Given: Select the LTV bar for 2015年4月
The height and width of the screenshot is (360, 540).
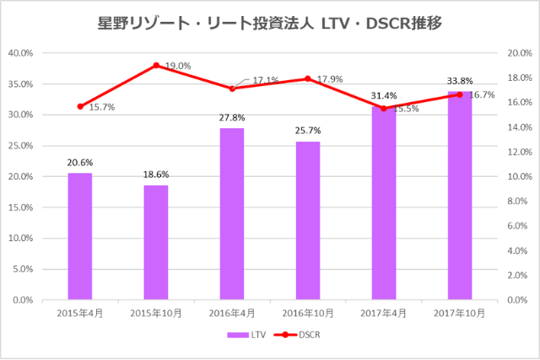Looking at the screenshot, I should click(x=80, y=236).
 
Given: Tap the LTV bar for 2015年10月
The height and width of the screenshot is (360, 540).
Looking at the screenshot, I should click(x=156, y=242).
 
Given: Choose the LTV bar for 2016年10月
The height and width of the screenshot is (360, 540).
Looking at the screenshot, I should click(x=308, y=220).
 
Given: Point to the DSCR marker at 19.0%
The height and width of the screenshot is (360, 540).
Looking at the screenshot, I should click(x=156, y=65).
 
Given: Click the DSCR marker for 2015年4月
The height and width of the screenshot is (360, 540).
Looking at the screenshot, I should click(x=80, y=106).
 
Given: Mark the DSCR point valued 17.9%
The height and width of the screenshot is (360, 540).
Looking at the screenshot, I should click(x=308, y=78).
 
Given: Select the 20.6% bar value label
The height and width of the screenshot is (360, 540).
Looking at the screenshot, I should click(x=80, y=162).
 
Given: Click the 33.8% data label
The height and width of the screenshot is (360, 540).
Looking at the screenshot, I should click(x=460, y=81).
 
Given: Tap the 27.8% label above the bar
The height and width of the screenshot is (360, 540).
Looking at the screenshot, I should click(x=232, y=118).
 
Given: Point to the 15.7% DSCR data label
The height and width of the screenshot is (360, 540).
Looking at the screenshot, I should click(x=100, y=107).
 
